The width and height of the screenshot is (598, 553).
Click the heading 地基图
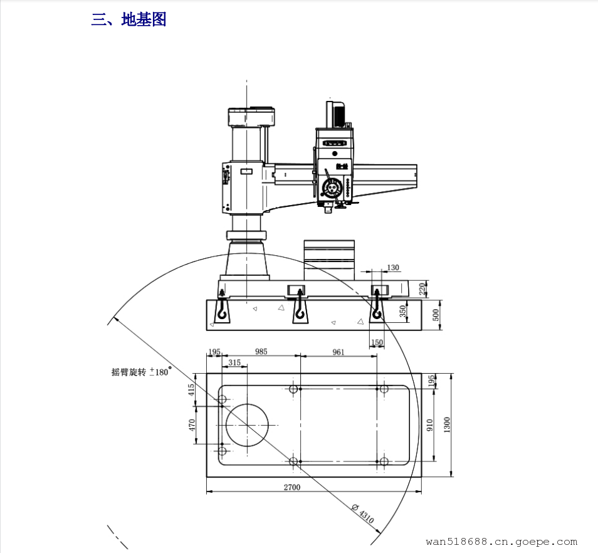click(144, 19)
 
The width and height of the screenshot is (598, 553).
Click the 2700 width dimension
click(291, 487)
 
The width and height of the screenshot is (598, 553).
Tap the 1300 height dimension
click(447, 424)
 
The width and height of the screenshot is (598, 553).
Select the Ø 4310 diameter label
click(363, 513)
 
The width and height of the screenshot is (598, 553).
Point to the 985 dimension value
click(261, 351)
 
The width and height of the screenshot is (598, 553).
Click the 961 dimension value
click(338, 352)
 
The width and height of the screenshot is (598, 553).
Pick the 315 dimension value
click(234, 362)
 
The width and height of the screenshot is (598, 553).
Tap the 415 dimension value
click(191, 390)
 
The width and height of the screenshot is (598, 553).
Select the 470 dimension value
click(191, 425)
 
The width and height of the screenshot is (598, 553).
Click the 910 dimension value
click(430, 425)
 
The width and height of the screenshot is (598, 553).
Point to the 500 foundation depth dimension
click(436, 315)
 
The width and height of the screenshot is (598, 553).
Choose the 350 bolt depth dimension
click(402, 311)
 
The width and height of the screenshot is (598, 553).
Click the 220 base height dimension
click(422, 288)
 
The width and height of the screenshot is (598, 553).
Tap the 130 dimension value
click(393, 267)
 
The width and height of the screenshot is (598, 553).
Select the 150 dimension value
click(377, 342)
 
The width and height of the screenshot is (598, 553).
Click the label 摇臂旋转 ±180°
click(142, 371)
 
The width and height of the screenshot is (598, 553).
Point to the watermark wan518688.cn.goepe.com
click(501, 542)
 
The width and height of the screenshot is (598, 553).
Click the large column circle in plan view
click(247, 425)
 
